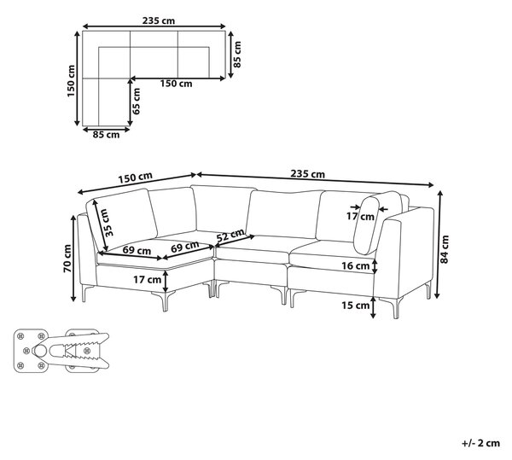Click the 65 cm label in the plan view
(x=137, y=102)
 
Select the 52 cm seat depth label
(x=230, y=235)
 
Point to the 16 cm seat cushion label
(x=356, y=265)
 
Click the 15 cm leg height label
(x=356, y=306)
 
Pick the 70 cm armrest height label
(x=67, y=259)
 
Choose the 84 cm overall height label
(x=445, y=249)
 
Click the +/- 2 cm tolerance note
(x=481, y=443)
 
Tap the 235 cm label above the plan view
(x=159, y=20)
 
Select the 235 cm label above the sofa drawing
(x=307, y=174)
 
